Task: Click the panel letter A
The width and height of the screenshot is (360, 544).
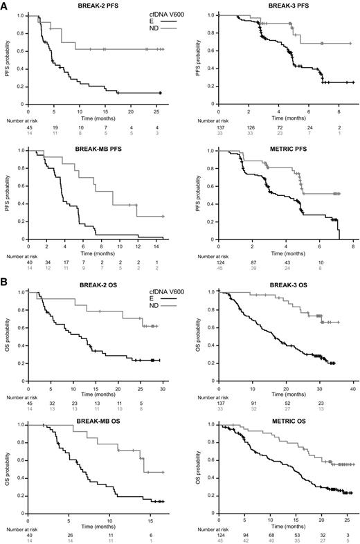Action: (x=5, y=6)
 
